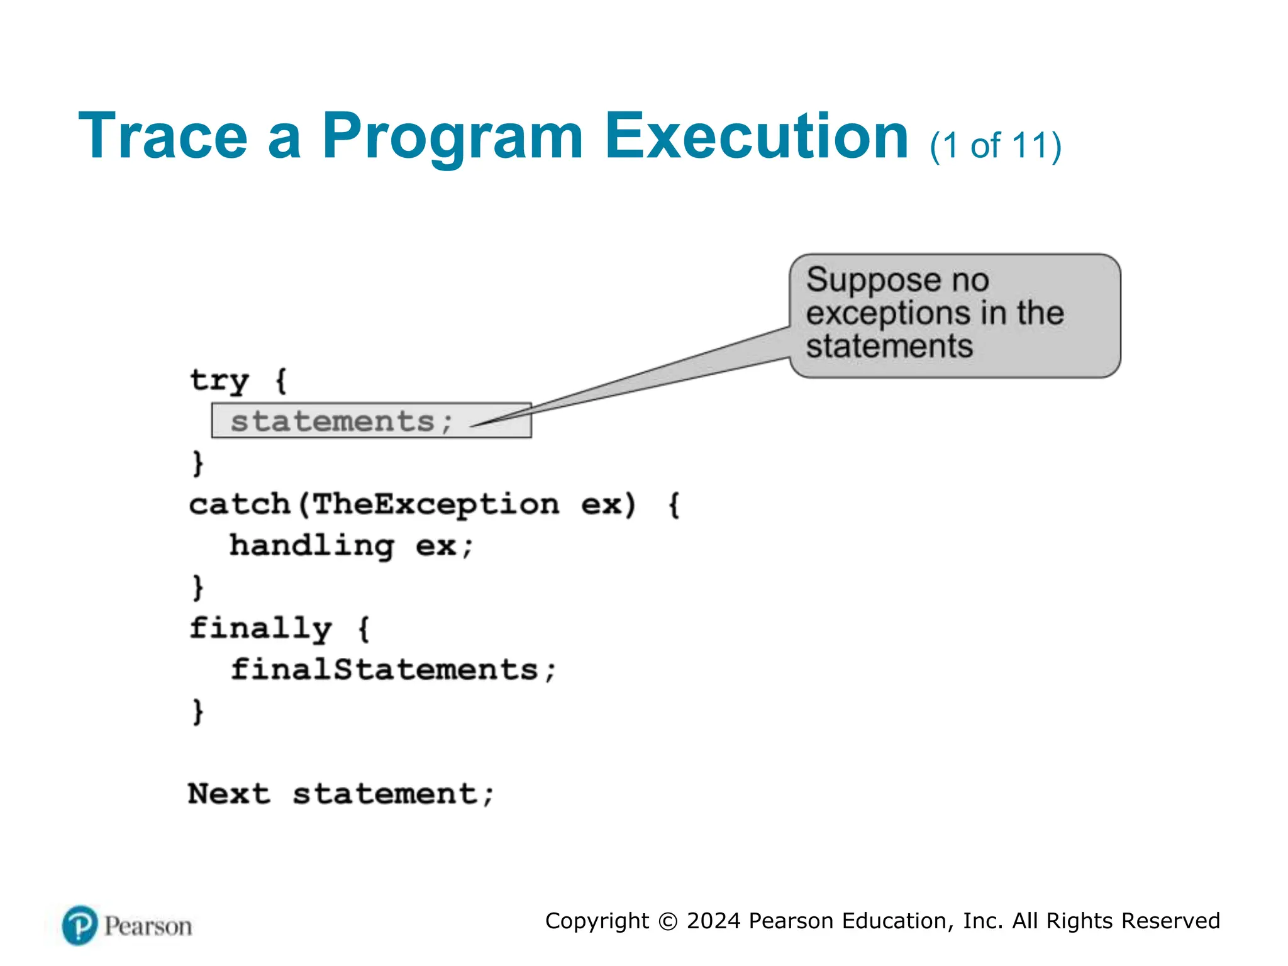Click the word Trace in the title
point(162,136)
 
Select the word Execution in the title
point(756,136)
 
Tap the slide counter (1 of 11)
point(996,146)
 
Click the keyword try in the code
point(219,380)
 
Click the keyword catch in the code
point(239,504)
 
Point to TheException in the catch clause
point(435,504)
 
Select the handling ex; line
point(351,546)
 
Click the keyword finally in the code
point(260,628)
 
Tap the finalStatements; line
point(393,670)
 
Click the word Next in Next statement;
point(229,794)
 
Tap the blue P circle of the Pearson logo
point(80,925)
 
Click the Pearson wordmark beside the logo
point(148,926)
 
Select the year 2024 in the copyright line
point(713,921)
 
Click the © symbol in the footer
point(667,921)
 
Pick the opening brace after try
point(281,380)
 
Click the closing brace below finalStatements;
point(198,711)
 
